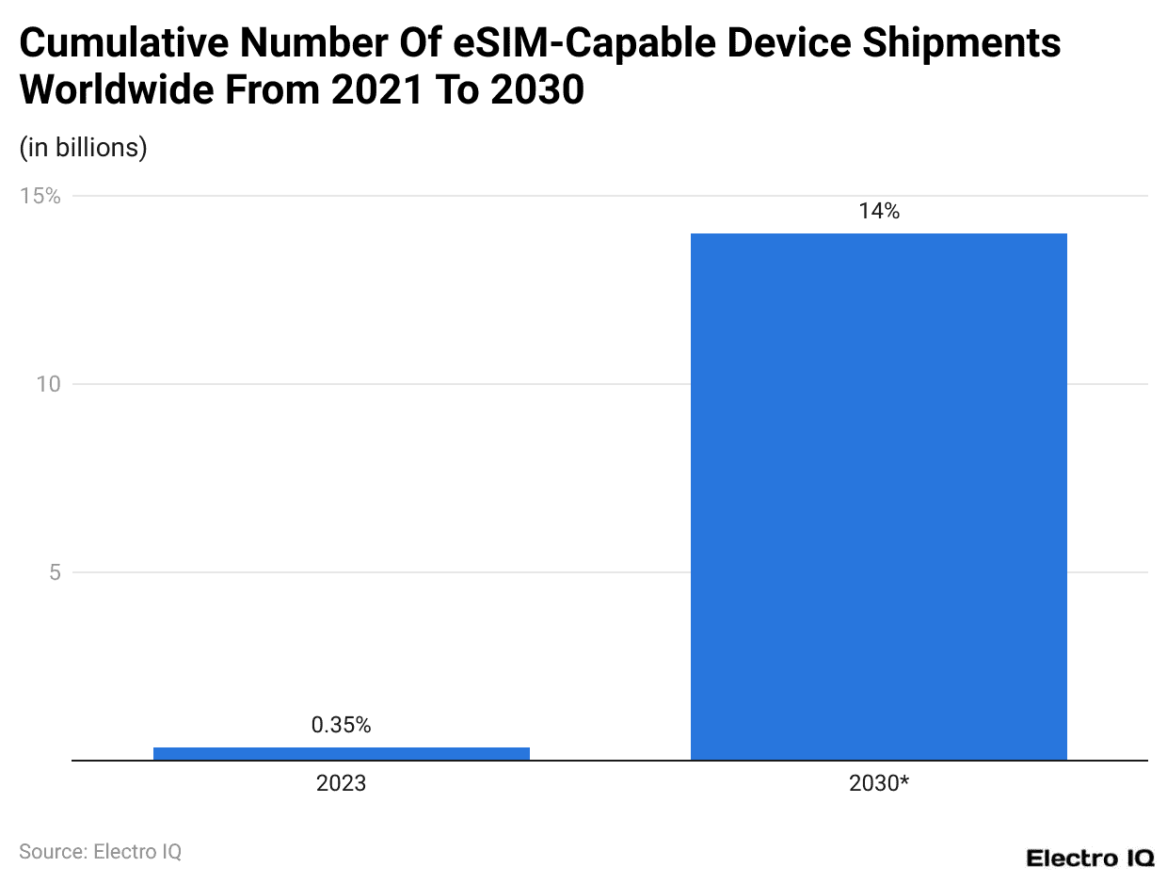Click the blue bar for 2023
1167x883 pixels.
341,753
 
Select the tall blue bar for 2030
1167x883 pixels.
878,496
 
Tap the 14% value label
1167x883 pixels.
878,212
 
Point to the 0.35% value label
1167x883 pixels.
341,725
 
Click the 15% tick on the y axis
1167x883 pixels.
40,196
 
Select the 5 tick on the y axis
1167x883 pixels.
55,572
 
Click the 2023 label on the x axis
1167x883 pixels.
341,783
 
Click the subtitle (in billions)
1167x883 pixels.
83,148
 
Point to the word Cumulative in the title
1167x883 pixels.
119,43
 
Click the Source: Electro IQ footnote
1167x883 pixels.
100,851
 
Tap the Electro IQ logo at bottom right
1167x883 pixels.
1089,858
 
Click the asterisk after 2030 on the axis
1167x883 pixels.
903,780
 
